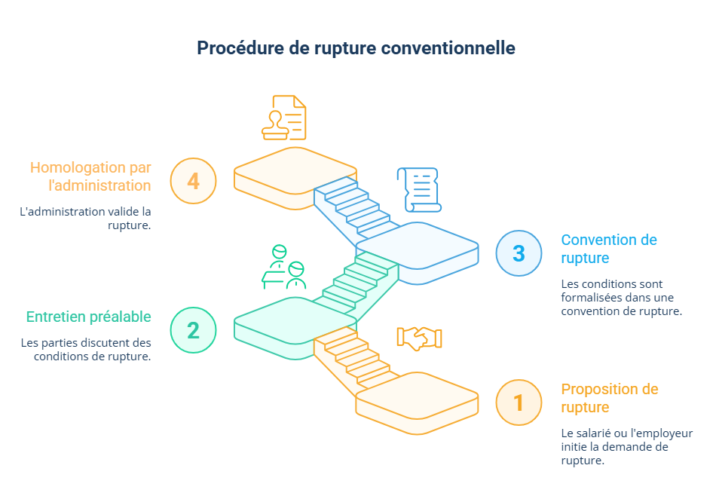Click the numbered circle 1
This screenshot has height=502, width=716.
click(519, 403)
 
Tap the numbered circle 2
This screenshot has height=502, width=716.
click(193, 330)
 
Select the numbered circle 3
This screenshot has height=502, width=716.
click(519, 253)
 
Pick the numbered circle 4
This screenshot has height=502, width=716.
click(193, 181)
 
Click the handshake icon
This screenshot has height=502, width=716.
click(419, 338)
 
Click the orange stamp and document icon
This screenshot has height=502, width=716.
click(284, 118)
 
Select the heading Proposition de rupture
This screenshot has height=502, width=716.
click(609, 398)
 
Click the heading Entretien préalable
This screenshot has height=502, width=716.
click(89, 317)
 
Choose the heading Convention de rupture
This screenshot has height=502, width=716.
click(609, 249)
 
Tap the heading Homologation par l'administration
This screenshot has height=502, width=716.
click(90, 176)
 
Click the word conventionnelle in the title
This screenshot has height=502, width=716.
click(448, 48)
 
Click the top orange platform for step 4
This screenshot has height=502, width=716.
click(294, 169)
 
